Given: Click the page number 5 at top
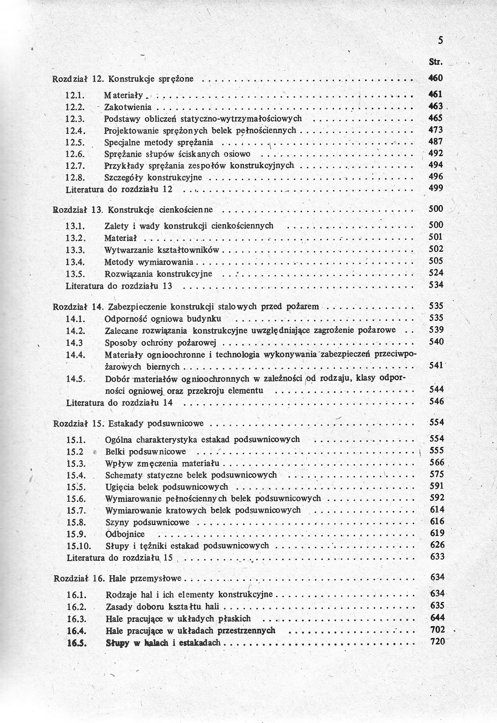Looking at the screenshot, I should (440, 41).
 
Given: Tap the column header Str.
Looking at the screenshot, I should (436, 62).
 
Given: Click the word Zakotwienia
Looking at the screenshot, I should (128, 107).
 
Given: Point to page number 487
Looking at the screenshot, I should (436, 142).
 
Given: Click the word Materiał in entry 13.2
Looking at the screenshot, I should (120, 238).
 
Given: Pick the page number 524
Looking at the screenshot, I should (436, 273).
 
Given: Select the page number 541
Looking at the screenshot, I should (436, 365).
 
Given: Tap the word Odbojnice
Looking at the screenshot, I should (125, 534).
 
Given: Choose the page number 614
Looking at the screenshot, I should (437, 510).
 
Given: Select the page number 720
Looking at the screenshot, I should (437, 641).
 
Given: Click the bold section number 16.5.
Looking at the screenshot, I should (77, 642).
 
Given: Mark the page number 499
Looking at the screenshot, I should (436, 188).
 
